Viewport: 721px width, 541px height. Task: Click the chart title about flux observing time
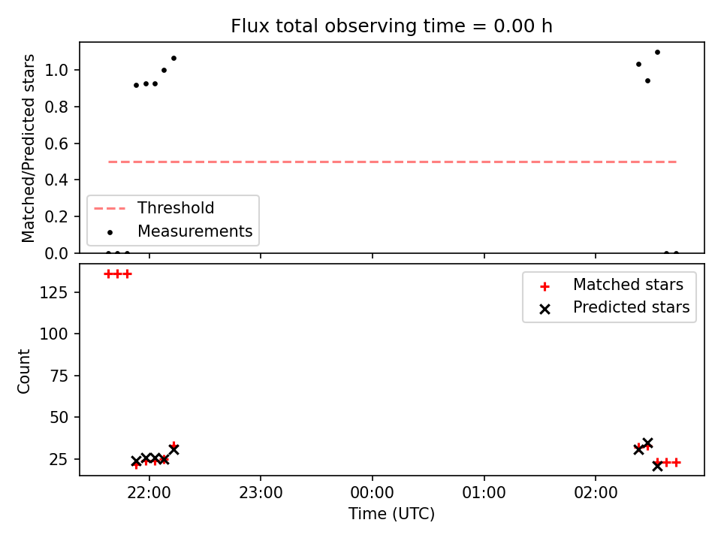[391, 26]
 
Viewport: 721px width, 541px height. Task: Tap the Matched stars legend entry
[611, 285]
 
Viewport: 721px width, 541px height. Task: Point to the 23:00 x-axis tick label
[261, 493]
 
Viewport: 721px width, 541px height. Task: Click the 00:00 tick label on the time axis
[373, 493]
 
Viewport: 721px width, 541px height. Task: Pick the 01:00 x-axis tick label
[484, 493]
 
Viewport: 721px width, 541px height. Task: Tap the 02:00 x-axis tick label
[596, 493]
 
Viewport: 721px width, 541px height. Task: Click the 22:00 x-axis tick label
[149, 493]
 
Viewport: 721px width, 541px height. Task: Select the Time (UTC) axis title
[391, 513]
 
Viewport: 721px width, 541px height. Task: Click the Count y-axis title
[23, 371]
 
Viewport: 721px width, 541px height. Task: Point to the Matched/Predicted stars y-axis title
[28, 148]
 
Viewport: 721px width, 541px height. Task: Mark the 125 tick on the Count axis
[54, 292]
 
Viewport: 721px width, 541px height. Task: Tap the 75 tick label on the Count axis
[59, 376]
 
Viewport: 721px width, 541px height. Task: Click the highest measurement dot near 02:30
[658, 53]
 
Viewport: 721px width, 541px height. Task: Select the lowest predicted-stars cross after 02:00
[658, 466]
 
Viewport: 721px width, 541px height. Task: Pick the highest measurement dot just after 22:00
[173, 59]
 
